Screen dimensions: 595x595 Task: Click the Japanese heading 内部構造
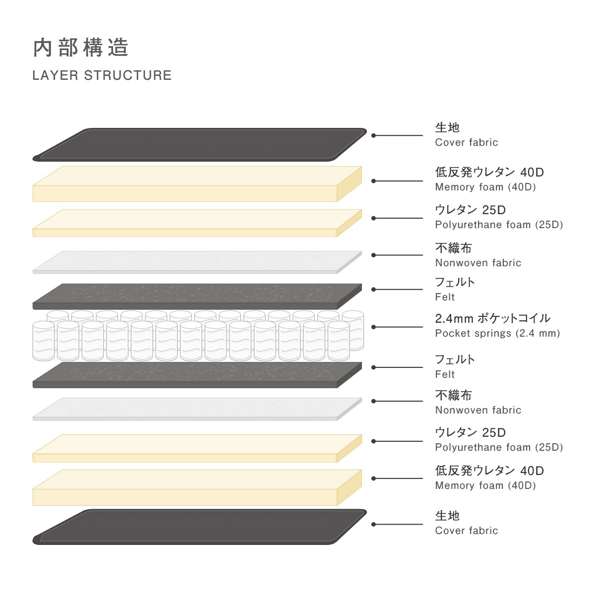pyautogui.click(x=80, y=48)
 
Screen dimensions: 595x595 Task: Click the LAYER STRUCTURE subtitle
pyautogui.click(x=102, y=75)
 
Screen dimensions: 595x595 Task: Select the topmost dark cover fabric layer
pyautogui.click(x=200, y=144)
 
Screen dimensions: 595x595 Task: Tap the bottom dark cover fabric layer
pyautogui.click(x=200, y=527)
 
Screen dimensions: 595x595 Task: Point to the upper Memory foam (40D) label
pyautogui.click(x=485, y=187)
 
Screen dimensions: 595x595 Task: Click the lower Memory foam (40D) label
pyautogui.click(x=485, y=485)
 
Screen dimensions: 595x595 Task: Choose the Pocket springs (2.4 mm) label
pyautogui.click(x=497, y=333)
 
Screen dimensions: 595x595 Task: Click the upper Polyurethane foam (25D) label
pyautogui.click(x=499, y=225)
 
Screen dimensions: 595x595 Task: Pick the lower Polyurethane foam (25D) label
pyautogui.click(x=499, y=447)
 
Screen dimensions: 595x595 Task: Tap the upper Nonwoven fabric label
pyautogui.click(x=478, y=263)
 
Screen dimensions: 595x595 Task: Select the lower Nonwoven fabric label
pyautogui.click(x=478, y=410)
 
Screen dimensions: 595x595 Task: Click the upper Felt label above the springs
pyautogui.click(x=445, y=297)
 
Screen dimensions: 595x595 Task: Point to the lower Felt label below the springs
pyautogui.click(x=445, y=374)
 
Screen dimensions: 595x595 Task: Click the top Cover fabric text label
pyautogui.click(x=467, y=142)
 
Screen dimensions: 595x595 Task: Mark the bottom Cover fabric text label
pyautogui.click(x=467, y=531)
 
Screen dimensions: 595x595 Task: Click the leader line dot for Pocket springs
pyautogui.click(x=374, y=327)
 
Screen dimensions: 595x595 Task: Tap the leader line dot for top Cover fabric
pyautogui.click(x=374, y=135)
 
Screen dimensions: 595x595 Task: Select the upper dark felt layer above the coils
pyautogui.click(x=197, y=297)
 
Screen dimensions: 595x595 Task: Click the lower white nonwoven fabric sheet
pyautogui.click(x=197, y=409)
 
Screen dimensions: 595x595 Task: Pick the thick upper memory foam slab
pyautogui.click(x=197, y=184)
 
